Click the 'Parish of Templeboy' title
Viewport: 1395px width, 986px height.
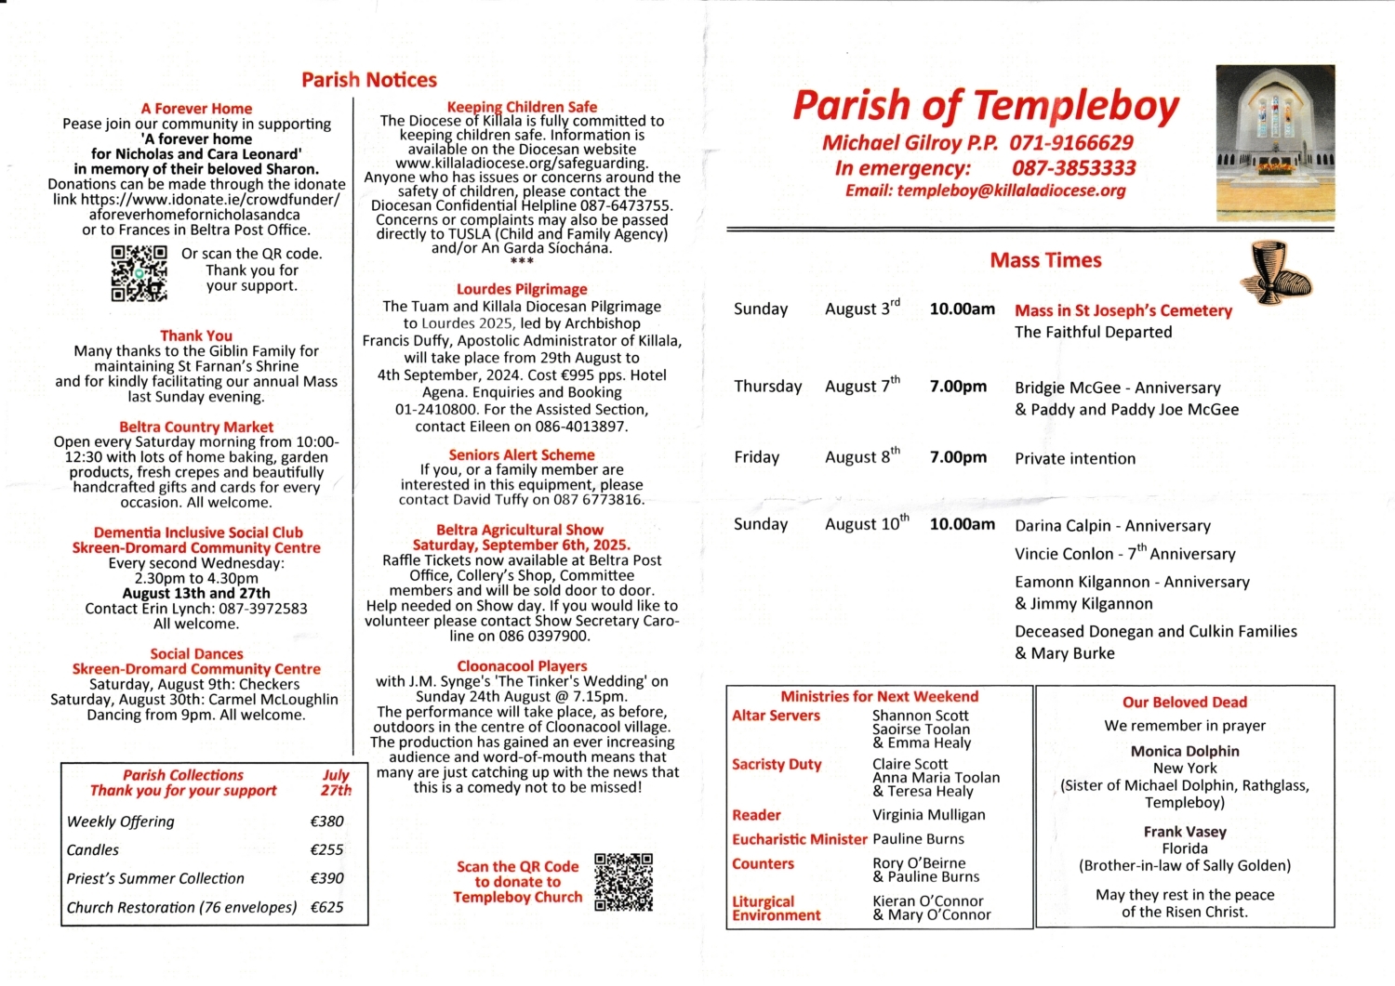pos(986,107)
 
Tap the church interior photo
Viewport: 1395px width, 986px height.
pos(1275,127)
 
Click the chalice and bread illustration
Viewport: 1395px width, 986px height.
pos(1276,270)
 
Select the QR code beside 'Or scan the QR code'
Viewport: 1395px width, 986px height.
pos(139,273)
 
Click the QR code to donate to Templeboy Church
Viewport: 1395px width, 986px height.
pos(623,882)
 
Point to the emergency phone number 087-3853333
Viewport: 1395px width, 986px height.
pos(1073,168)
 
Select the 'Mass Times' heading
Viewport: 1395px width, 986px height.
pos(1045,260)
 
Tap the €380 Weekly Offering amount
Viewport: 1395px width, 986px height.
pos(326,822)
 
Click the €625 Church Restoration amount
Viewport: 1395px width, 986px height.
pos(326,907)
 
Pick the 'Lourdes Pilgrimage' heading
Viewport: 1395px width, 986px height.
pos(522,289)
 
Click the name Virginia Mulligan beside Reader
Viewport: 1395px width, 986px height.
pos(928,815)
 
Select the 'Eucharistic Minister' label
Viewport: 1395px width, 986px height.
pos(799,839)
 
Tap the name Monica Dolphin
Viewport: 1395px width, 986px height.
pos(1185,751)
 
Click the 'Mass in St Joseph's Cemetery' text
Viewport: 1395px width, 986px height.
pos(1123,310)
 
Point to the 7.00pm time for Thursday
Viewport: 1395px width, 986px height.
pos(958,387)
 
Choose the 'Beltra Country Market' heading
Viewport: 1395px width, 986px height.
pos(196,427)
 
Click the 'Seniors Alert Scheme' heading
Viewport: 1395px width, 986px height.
pos(522,454)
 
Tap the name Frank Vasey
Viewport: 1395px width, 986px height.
pos(1185,832)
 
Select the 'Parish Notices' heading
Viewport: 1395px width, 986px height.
pos(369,80)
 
